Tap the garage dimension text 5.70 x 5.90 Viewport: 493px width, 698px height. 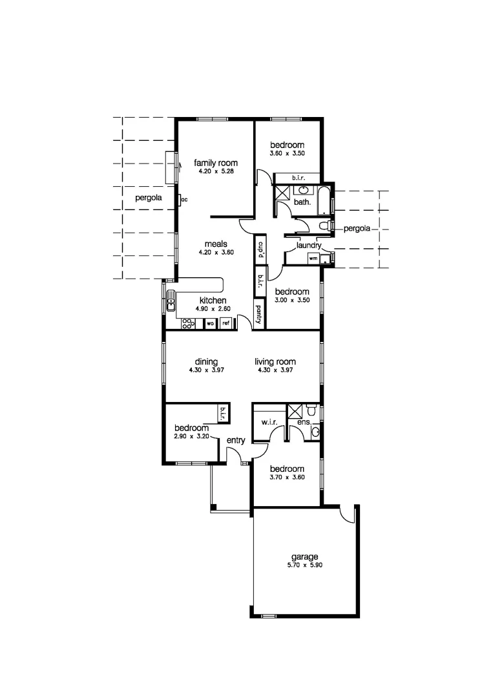pyautogui.click(x=304, y=565)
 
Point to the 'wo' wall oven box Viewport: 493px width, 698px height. pyautogui.click(x=211, y=323)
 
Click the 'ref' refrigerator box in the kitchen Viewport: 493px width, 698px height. pyautogui.click(x=226, y=323)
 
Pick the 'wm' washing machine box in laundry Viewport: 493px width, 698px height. pyautogui.click(x=313, y=258)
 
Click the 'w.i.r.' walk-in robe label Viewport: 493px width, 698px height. pyautogui.click(x=269, y=423)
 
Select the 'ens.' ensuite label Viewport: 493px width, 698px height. pyautogui.click(x=304, y=423)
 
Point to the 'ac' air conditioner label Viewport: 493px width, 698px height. pyautogui.click(x=184, y=200)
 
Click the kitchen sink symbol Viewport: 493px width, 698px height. pyautogui.click(x=172, y=301)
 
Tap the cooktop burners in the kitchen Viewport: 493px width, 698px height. pyautogui.click(x=189, y=323)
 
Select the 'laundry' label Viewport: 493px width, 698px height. pyautogui.click(x=309, y=246)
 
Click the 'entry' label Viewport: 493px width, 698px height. pyautogui.click(x=235, y=441)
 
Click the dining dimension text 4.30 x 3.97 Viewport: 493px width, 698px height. pyautogui.click(x=206, y=370)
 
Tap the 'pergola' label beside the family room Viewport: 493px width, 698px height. pyautogui.click(x=148, y=198)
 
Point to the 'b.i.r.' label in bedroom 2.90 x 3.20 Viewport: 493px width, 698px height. pyautogui.click(x=223, y=412)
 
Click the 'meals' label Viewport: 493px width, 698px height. pyautogui.click(x=215, y=244)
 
